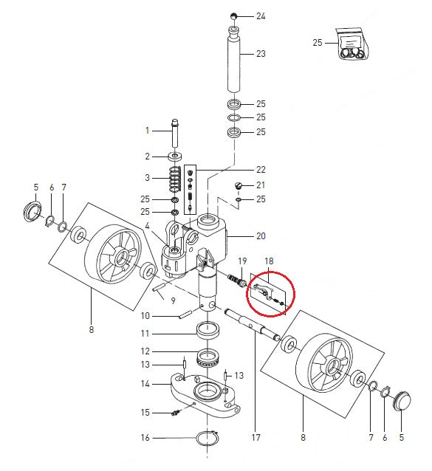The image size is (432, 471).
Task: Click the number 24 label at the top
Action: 260,16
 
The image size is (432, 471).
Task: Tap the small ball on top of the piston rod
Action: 233,16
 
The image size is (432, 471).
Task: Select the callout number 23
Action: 260,54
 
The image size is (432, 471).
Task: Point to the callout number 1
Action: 147,131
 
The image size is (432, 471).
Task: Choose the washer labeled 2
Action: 176,157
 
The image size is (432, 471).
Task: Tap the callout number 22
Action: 260,169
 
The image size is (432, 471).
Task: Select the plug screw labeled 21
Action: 239,186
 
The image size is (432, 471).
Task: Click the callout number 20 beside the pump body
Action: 260,236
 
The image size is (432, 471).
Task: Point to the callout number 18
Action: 269,261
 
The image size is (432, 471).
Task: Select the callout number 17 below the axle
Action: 256,437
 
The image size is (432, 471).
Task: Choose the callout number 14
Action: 145,385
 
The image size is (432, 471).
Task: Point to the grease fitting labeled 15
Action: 176,412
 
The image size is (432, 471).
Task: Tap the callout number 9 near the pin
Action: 173,300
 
